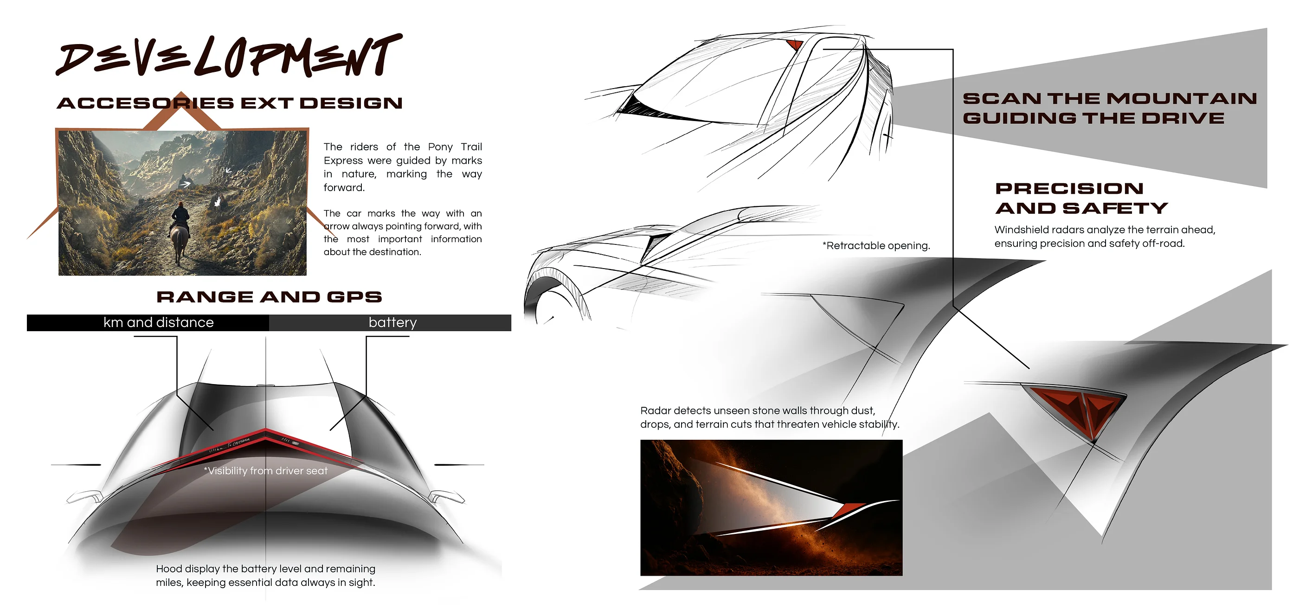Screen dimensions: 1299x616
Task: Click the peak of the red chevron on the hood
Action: (x=266, y=430)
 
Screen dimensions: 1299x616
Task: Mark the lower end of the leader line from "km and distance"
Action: (x=213, y=430)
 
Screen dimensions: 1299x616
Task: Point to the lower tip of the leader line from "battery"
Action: (x=330, y=430)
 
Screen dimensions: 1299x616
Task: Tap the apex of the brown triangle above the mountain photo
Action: (x=181, y=92)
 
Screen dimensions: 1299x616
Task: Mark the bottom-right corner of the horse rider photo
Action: (x=307, y=275)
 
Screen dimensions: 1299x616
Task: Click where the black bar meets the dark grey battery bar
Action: (x=269, y=323)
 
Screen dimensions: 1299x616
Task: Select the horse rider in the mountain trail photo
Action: (x=180, y=232)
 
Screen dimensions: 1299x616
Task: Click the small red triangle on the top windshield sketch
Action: (x=795, y=45)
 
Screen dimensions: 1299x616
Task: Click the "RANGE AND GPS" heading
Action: (x=269, y=297)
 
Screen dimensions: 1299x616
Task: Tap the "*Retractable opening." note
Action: (x=876, y=245)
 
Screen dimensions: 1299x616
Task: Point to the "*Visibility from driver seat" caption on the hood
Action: (x=266, y=471)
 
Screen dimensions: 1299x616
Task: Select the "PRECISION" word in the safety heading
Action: (x=1069, y=188)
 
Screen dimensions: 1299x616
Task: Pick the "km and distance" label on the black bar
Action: (x=158, y=323)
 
